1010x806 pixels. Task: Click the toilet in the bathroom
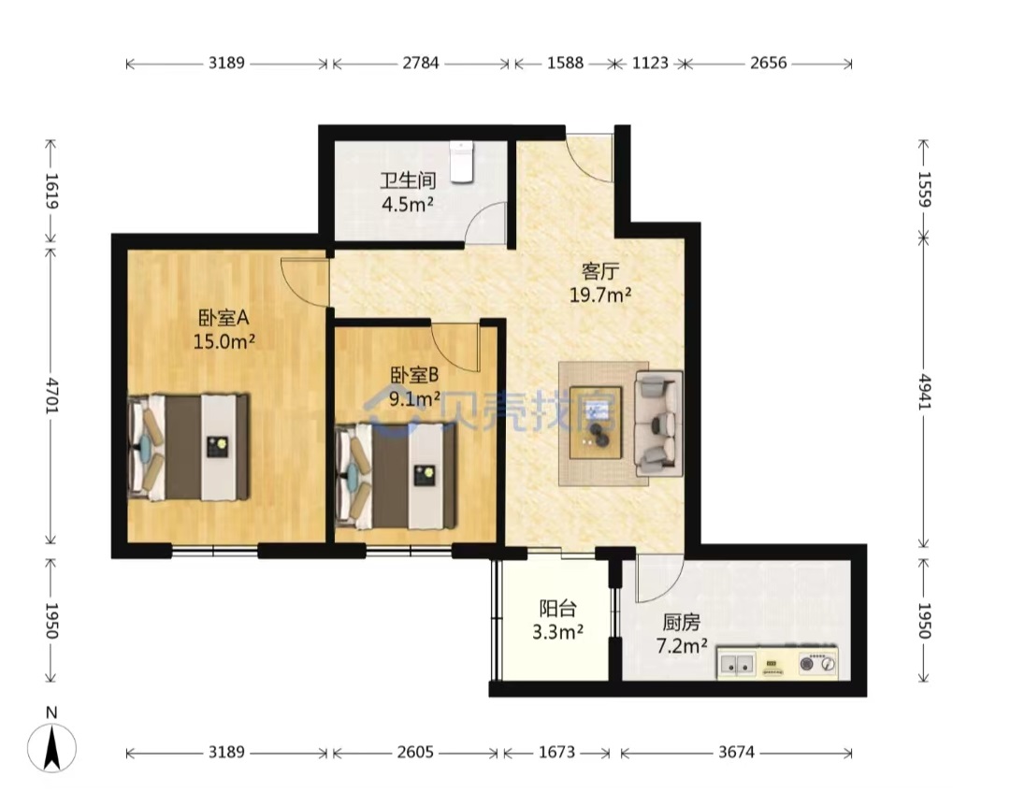[462, 162]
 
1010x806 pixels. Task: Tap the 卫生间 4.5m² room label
[408, 193]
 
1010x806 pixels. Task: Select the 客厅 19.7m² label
[600, 282]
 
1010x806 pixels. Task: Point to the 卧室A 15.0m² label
[224, 329]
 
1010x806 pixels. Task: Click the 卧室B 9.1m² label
[415, 386]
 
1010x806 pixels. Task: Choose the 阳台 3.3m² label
[557, 620]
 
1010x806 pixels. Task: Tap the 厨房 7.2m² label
[682, 634]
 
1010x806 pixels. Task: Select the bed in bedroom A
[188, 447]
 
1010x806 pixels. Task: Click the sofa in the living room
[658, 424]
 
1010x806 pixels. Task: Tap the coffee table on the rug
[596, 422]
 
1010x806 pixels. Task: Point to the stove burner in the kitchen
[818, 663]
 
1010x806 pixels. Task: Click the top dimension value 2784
[421, 63]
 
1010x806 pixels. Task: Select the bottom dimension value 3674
[736, 752]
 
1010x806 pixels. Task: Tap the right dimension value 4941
[924, 392]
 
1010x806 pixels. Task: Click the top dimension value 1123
[650, 63]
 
